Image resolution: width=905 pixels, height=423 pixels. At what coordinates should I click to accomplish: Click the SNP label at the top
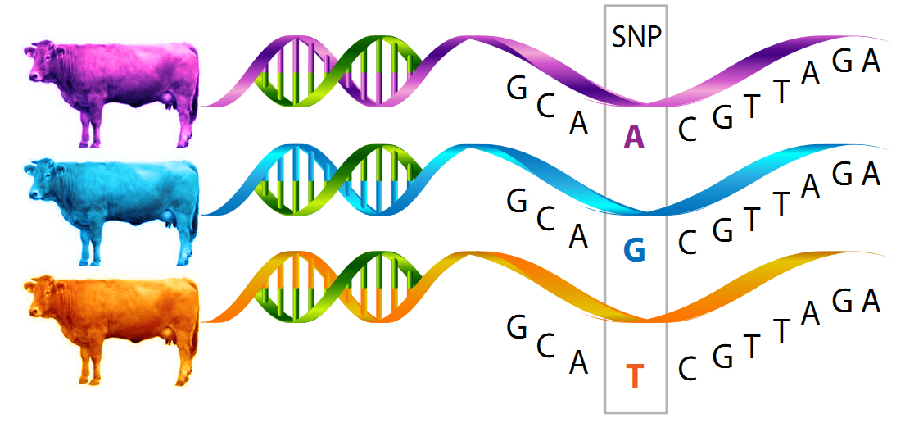point(636,38)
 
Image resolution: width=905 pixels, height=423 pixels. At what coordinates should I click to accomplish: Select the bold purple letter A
point(635,139)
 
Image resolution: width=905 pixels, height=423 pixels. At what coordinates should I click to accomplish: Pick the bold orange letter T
point(635,376)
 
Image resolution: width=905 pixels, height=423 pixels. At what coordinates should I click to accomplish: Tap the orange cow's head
point(40,298)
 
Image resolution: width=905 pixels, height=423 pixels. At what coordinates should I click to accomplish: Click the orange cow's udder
point(170,334)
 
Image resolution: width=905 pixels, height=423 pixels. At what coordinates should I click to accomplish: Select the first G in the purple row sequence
point(517,89)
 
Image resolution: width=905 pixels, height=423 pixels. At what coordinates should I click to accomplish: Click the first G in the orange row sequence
point(517,327)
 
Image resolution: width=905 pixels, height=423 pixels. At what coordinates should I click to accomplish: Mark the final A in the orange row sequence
point(871,302)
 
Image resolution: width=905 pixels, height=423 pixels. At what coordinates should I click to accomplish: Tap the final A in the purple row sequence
point(871,61)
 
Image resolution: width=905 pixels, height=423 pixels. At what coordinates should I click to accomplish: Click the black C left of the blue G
point(545,219)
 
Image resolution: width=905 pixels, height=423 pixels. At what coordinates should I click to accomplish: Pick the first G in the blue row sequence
point(517,200)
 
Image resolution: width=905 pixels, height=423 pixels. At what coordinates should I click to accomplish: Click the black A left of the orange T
point(579,362)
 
